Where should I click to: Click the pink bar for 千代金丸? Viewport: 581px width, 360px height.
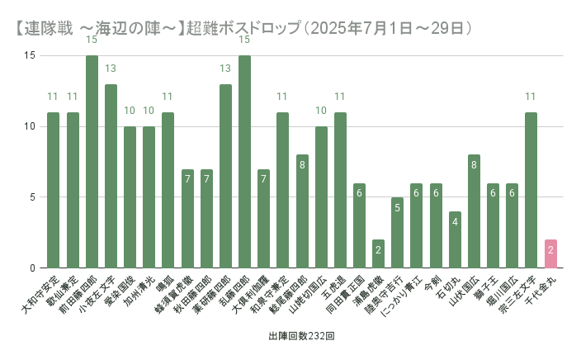click(550, 253)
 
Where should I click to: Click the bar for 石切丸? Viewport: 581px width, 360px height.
click(455, 239)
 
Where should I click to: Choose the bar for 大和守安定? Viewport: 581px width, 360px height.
click(53, 190)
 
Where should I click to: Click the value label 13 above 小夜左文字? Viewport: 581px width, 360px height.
click(111, 69)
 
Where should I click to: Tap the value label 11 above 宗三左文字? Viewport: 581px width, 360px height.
click(531, 97)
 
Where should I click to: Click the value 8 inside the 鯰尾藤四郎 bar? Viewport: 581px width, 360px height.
click(302, 165)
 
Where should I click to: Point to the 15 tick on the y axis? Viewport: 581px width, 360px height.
click(30, 55)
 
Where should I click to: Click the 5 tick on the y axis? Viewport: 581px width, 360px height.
click(32, 197)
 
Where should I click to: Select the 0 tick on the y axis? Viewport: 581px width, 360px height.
click(32, 268)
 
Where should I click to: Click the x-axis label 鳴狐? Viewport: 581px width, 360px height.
click(166, 284)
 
